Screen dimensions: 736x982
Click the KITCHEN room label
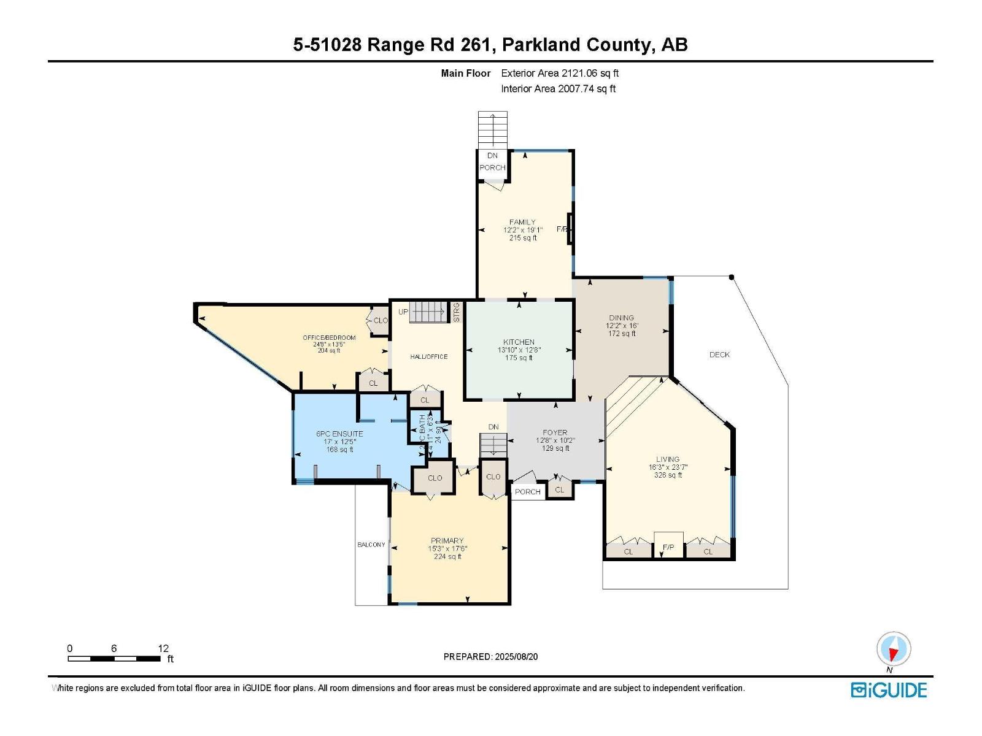[x=519, y=342]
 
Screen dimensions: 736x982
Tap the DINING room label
[x=621, y=318]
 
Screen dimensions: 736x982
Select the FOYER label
[x=555, y=432]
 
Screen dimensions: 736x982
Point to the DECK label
[x=719, y=355]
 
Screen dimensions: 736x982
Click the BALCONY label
[x=371, y=545]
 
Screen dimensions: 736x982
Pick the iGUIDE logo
[x=889, y=690]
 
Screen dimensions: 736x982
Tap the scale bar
[x=114, y=659]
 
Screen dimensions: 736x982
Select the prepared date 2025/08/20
[x=490, y=656]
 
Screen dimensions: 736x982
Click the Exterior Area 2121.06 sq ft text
[x=560, y=73]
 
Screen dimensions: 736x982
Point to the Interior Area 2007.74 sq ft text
[x=558, y=89]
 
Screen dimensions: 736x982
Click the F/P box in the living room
[x=668, y=546]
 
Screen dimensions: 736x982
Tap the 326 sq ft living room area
[x=668, y=475]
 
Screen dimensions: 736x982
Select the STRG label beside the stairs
[x=456, y=312]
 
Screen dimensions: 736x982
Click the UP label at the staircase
[x=403, y=312]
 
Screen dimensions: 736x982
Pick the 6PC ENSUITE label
[x=339, y=434]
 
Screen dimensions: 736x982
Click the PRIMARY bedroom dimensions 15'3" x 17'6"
[x=446, y=549]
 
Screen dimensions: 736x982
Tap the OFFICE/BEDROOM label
[x=329, y=338]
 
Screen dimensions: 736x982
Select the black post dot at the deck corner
[x=731, y=277]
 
